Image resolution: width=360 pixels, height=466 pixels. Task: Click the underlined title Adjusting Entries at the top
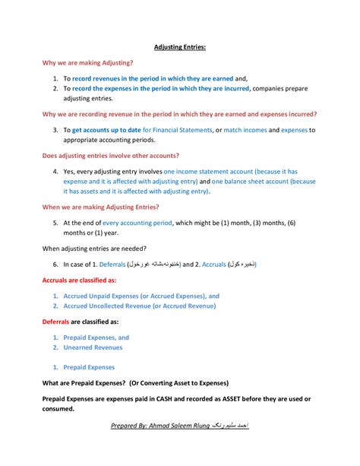tap(180, 47)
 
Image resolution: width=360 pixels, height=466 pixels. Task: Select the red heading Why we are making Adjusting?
tap(88, 62)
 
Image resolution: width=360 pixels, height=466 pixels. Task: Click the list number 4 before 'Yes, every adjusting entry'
tap(55, 172)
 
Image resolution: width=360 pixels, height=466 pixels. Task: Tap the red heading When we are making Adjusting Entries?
tap(100, 207)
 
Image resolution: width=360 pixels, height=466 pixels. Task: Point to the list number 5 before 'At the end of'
tap(55, 223)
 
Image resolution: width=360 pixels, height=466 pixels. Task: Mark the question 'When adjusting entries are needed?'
tap(94, 248)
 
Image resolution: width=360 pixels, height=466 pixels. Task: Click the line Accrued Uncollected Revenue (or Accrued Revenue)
tap(140, 306)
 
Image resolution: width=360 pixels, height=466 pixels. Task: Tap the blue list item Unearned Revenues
tap(93, 347)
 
